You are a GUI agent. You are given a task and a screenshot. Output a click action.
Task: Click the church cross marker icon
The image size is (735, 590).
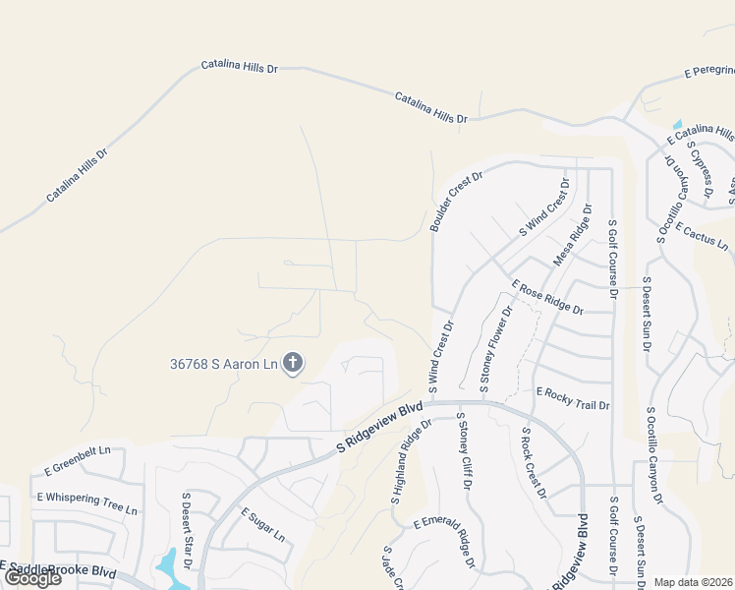pos(292,364)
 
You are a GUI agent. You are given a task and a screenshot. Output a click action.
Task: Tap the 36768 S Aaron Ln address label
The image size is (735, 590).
pos(223,364)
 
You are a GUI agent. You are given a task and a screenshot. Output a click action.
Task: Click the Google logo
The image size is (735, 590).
pos(31,578)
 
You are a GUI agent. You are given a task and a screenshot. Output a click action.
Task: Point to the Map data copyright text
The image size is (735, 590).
pos(693,582)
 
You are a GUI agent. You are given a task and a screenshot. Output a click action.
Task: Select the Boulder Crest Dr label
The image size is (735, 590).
pos(458,203)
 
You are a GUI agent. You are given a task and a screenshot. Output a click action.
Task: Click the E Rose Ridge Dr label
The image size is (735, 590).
pos(547,297)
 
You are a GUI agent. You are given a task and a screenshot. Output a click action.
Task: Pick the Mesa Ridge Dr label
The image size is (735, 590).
pos(574,235)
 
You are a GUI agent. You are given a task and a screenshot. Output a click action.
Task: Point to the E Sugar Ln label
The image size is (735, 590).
pos(262,526)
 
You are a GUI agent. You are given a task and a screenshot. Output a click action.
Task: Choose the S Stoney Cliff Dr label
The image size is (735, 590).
pos(462,451)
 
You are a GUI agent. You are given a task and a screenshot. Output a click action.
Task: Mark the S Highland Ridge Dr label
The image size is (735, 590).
pos(411,462)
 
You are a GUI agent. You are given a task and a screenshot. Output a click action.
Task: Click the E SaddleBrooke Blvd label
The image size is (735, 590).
pos(59,569)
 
